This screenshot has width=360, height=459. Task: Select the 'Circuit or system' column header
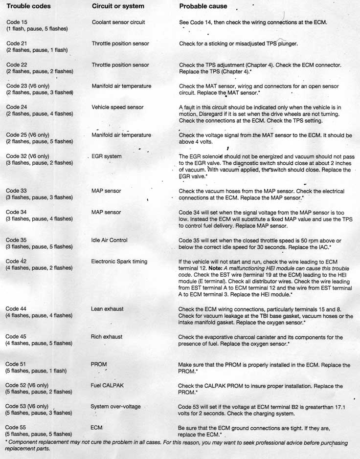118,6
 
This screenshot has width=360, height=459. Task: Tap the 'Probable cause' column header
203,6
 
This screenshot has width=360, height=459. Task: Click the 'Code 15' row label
17,22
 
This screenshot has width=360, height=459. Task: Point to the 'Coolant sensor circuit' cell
118,22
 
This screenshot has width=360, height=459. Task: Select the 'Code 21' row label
17,44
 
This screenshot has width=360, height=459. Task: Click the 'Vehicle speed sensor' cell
117,107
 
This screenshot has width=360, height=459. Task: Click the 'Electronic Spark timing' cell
119,262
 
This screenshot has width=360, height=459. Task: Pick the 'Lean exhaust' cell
107,309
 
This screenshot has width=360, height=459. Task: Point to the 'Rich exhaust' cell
107,337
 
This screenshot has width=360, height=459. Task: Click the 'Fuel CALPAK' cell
107,385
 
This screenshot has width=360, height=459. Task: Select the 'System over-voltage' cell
115,406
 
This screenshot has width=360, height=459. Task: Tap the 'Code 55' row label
17,427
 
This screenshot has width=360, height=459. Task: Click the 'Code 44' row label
17,309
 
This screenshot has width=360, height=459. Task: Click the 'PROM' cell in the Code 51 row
99,364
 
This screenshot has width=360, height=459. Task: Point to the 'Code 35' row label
17,240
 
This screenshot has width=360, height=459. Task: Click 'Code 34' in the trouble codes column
17,212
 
